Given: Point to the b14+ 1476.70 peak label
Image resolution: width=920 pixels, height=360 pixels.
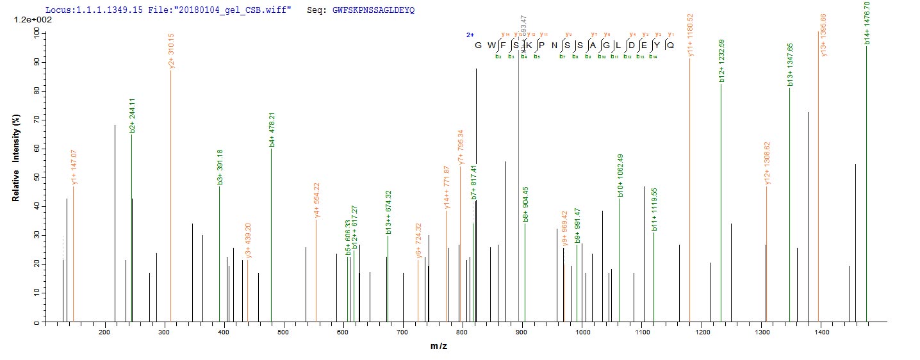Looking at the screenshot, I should coord(866,23).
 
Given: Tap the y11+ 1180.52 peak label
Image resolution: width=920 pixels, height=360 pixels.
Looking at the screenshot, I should coord(690,37).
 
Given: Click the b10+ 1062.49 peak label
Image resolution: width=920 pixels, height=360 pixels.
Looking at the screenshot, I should coord(620,176).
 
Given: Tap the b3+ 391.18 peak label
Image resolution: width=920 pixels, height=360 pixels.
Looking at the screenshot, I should coord(220,168).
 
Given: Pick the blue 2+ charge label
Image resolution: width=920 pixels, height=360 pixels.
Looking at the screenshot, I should coord(470,35).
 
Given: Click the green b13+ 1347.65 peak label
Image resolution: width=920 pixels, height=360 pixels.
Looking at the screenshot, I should coord(790,65).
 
